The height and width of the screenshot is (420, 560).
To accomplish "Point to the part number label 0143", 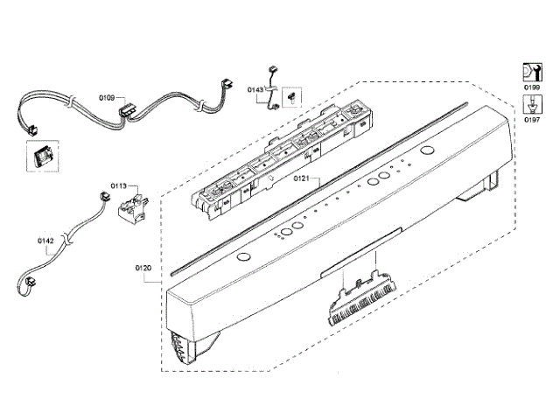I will (x=255, y=89).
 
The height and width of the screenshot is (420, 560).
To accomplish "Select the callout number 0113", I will (x=119, y=185).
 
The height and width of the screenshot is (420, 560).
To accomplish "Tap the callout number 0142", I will (x=46, y=239).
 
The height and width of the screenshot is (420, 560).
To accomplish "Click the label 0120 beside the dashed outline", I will (x=143, y=268).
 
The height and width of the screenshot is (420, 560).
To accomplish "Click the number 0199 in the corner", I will (x=531, y=89).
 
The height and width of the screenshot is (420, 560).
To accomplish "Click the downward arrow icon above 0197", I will (x=530, y=103).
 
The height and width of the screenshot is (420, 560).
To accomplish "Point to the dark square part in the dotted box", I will (x=41, y=157).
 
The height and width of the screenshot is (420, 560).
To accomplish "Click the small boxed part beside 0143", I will (x=292, y=94).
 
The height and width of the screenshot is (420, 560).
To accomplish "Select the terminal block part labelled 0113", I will (x=129, y=210).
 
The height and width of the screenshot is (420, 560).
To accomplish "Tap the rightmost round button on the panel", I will (x=427, y=151).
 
